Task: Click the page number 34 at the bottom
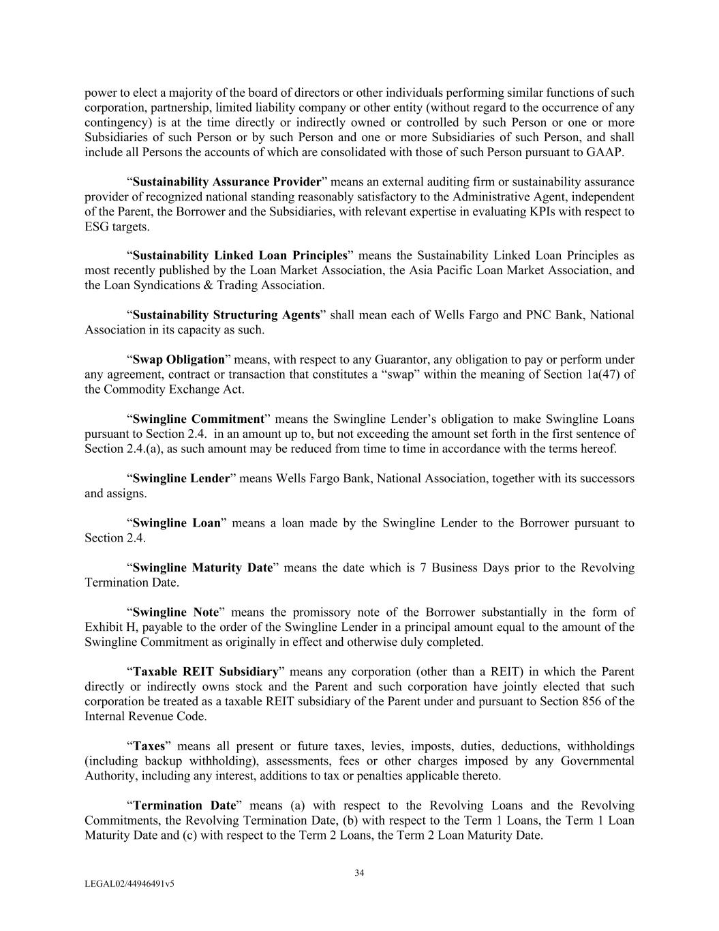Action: click(359, 873)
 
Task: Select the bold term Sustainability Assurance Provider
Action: click(226, 182)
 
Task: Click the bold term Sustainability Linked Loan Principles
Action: click(240, 256)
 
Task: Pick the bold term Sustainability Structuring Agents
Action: click(226, 315)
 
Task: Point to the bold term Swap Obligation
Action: click(179, 359)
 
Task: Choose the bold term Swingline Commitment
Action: click(198, 419)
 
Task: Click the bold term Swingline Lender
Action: click(181, 478)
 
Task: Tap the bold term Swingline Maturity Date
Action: click(202, 567)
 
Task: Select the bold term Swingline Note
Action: click(176, 612)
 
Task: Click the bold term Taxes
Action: click(149, 746)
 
